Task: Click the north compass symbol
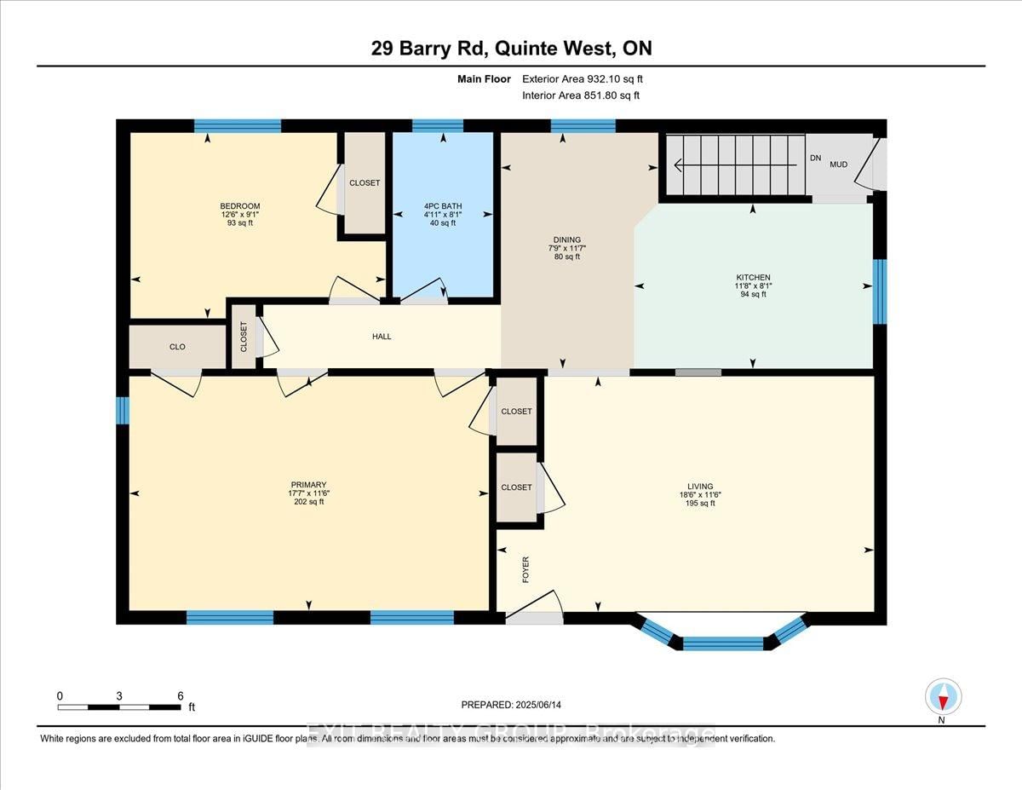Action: (x=943, y=697)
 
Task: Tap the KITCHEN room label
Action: (x=753, y=278)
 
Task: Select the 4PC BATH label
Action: (x=442, y=206)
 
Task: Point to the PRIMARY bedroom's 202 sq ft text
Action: (x=308, y=502)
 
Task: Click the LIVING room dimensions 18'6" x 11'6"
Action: (x=701, y=494)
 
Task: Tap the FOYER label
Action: (x=525, y=568)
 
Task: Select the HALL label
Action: (x=382, y=337)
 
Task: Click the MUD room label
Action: (x=838, y=164)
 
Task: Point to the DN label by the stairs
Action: (x=815, y=158)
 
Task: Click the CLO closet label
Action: (x=177, y=347)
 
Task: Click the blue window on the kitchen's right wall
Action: (x=880, y=291)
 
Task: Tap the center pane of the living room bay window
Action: (x=722, y=643)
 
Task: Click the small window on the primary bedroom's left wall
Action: (x=122, y=411)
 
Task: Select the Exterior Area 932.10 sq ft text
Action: (x=589, y=79)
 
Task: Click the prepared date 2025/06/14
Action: (x=512, y=705)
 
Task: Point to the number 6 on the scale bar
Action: (x=180, y=695)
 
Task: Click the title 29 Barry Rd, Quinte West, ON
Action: (x=511, y=48)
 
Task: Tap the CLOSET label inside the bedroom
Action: (x=365, y=183)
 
